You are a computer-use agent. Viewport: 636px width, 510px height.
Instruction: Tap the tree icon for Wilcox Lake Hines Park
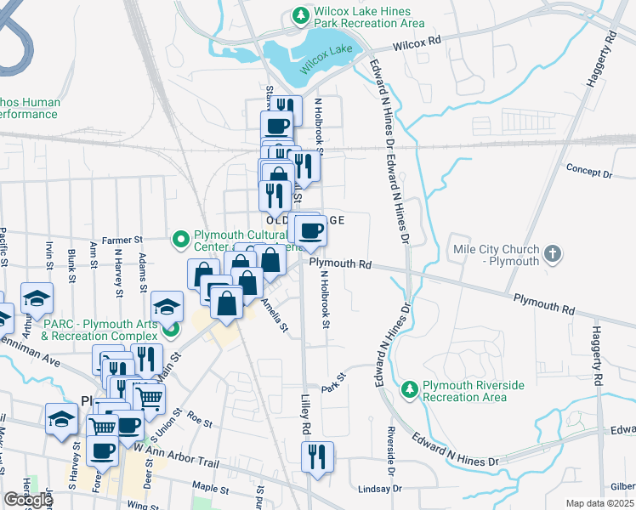(x=299, y=14)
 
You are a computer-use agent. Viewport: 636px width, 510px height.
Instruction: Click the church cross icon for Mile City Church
(x=553, y=253)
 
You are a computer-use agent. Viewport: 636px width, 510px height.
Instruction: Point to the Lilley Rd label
(x=308, y=411)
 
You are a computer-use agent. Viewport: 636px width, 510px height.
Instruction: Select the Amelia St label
(x=275, y=314)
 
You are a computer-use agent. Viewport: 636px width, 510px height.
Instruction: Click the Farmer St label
(x=122, y=241)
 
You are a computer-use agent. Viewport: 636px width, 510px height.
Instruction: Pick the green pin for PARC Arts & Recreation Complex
(x=171, y=329)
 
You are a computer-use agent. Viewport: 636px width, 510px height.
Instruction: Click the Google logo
(x=28, y=500)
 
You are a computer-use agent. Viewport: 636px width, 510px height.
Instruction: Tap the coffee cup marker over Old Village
(x=312, y=230)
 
